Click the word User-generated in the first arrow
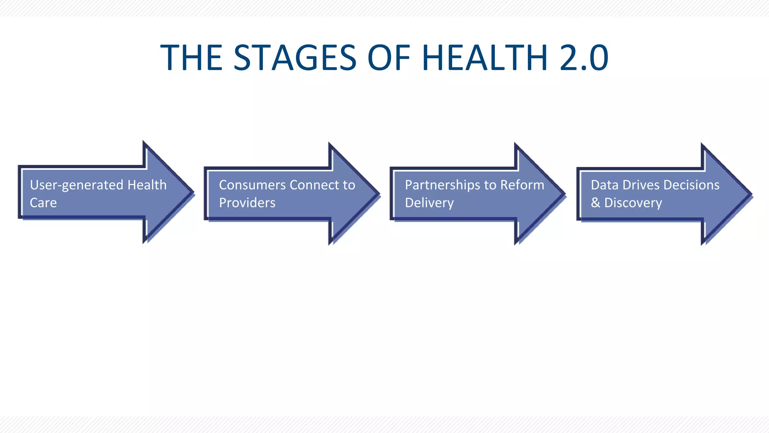coord(77,185)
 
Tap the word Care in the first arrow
coord(43,203)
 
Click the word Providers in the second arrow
coord(247,203)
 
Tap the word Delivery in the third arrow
coord(429,203)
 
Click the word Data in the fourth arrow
coord(604,185)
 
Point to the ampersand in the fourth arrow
coord(595,203)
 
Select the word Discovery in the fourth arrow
coord(633,203)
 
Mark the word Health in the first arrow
coord(147,185)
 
